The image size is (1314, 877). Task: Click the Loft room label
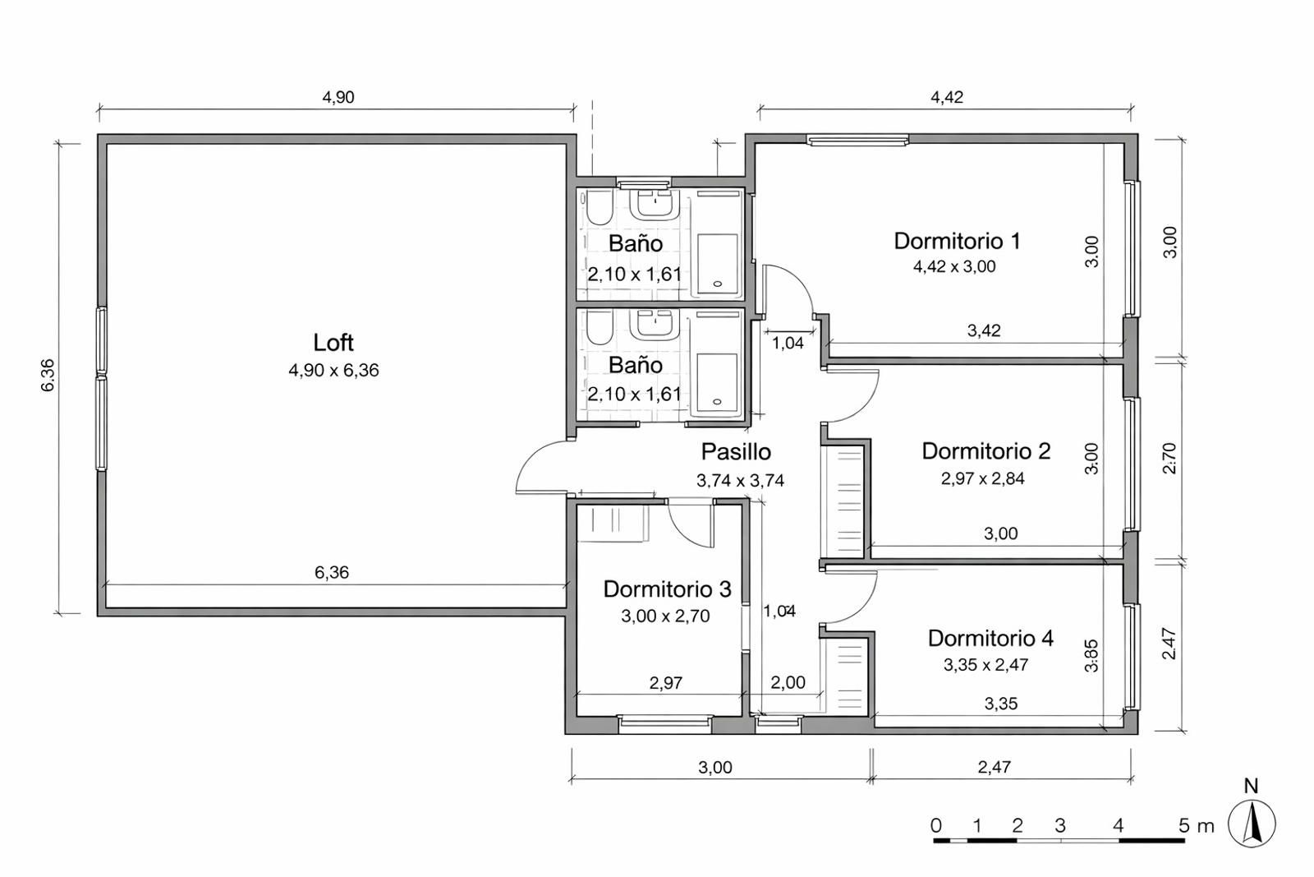(x=333, y=342)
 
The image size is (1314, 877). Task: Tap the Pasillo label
(x=736, y=451)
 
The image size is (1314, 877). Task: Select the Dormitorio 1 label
(x=957, y=241)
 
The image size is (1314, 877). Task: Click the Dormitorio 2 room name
(x=985, y=450)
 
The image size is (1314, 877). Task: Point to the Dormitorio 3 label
(x=667, y=589)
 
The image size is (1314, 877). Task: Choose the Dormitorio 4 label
(x=990, y=638)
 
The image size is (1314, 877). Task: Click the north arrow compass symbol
(x=1252, y=823)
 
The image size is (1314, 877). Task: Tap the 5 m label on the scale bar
(x=1196, y=826)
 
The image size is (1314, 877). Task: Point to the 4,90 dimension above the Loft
(x=338, y=97)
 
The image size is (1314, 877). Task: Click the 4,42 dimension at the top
(x=946, y=97)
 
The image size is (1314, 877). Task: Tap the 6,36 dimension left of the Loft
(x=48, y=375)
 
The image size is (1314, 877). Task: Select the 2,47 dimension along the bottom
(x=994, y=767)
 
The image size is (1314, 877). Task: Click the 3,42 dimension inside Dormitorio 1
(x=983, y=330)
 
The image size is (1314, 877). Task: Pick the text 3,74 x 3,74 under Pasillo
(x=740, y=481)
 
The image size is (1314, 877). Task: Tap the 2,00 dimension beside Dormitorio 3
(x=788, y=682)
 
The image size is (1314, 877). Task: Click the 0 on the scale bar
(x=936, y=826)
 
